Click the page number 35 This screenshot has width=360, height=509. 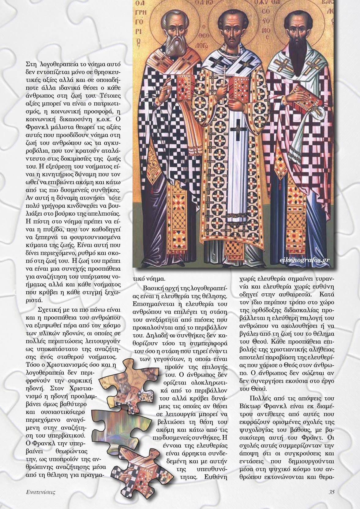point(331,492)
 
